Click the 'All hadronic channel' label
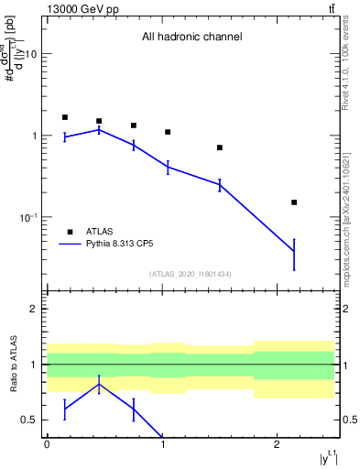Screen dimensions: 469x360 point(191,38)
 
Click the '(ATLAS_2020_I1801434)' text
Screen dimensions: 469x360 point(191,275)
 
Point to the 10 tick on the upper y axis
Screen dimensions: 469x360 point(32,54)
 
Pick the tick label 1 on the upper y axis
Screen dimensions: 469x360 point(35,136)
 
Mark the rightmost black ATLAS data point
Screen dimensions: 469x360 point(294,202)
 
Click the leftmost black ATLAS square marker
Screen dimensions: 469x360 point(65,117)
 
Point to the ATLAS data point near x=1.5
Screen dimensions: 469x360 point(220,147)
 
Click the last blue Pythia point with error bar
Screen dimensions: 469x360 point(294,250)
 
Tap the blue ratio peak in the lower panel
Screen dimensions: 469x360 point(99,384)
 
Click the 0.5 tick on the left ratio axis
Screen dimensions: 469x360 point(33,420)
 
